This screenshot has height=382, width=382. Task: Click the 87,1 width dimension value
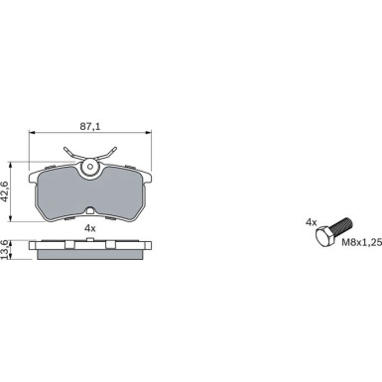click(90, 126)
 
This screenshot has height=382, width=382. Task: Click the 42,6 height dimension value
click(5, 191)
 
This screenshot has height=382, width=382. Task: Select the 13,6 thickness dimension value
click(5, 249)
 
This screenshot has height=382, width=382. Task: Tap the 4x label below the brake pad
click(90, 228)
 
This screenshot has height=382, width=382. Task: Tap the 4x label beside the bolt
click(311, 222)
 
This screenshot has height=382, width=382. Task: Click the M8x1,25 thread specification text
click(361, 242)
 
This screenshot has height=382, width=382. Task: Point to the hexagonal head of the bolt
click(324, 236)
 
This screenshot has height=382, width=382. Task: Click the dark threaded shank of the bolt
click(342, 225)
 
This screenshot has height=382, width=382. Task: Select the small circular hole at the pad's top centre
click(90, 167)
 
